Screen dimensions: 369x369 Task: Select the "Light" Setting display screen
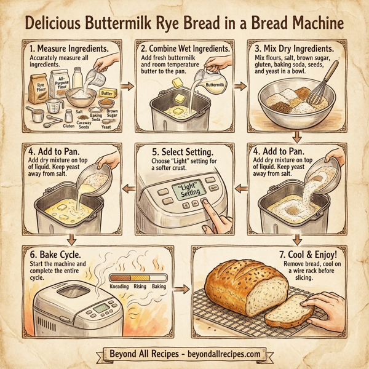(188, 189)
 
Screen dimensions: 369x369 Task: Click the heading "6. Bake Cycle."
(55, 253)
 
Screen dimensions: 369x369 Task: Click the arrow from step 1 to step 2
(128, 86)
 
